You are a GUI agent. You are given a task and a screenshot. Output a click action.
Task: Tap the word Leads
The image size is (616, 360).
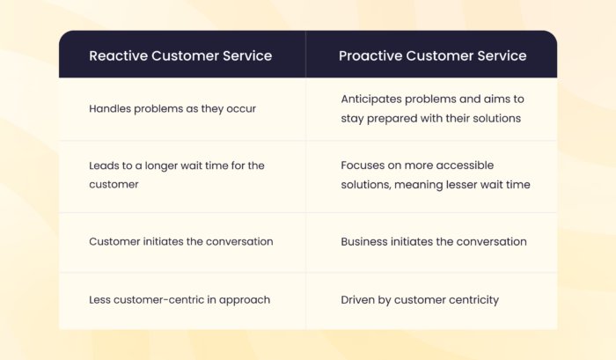pyautogui.click(x=105, y=165)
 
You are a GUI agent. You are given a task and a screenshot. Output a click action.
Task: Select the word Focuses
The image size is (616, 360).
pyautogui.click(x=364, y=165)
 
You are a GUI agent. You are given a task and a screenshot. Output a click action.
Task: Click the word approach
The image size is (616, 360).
pyautogui.click(x=246, y=299)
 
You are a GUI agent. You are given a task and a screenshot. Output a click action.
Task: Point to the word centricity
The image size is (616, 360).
pyautogui.click(x=472, y=299)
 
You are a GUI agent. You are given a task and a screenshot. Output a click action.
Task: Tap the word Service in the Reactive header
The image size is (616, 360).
pyautogui.click(x=246, y=55)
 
